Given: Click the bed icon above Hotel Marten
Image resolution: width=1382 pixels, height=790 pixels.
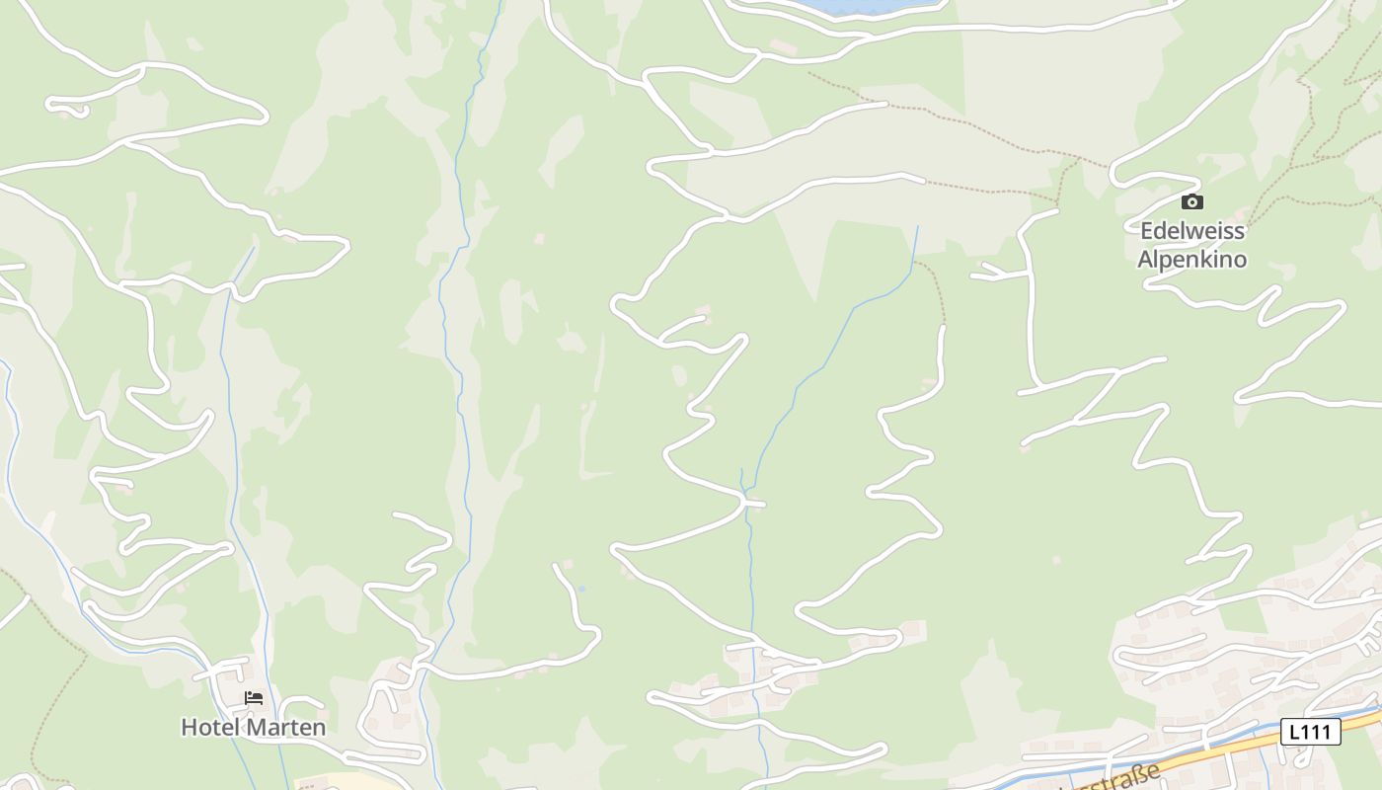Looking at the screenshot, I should (254, 698).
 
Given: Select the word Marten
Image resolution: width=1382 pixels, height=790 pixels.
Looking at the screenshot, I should (285, 728).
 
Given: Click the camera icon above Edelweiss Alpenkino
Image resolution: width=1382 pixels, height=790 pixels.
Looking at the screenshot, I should (1192, 202).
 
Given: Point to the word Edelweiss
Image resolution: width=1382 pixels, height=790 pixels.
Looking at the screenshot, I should (1192, 231).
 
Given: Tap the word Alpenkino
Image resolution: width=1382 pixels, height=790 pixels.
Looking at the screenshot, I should (1192, 260).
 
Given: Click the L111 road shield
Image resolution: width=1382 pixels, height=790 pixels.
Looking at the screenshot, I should (1311, 732).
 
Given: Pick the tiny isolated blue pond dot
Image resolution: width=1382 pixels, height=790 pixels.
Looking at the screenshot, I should (581, 590).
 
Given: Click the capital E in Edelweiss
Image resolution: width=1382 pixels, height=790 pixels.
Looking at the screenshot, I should (1147, 231).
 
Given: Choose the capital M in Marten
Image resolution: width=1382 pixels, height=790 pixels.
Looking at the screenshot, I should (255, 728).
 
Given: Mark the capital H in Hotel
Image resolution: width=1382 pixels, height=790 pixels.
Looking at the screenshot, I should (189, 728).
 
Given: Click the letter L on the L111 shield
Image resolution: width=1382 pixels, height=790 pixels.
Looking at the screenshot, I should (1294, 732).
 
